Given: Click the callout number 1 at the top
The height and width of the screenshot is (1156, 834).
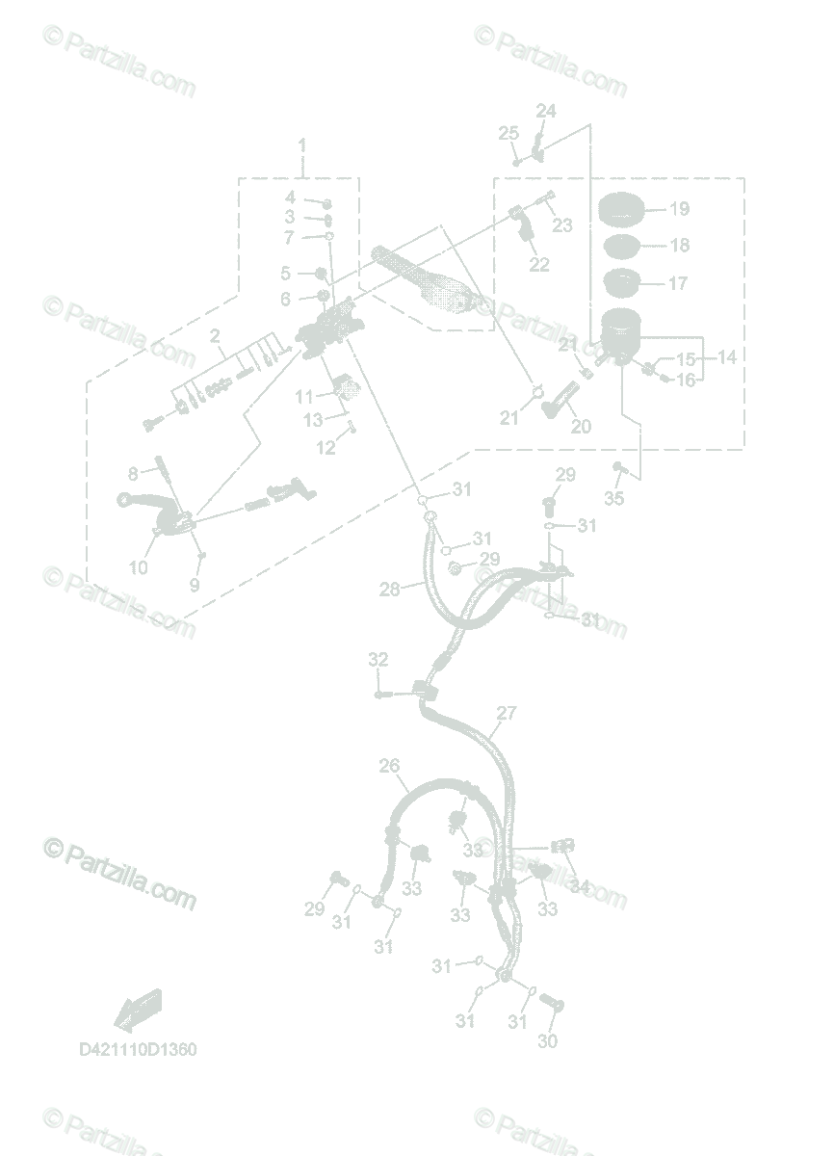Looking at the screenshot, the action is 302,145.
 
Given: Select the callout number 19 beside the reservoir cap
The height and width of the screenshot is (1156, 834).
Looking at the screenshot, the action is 679,209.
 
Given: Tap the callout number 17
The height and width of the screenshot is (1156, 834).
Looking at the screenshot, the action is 678,283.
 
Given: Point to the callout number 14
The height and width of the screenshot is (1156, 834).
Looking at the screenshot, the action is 727,357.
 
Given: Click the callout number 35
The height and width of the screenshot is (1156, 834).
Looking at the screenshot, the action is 613,498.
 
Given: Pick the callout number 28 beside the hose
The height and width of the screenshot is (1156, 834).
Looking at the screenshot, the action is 389,590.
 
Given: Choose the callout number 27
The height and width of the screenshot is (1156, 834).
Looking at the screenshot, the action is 507,714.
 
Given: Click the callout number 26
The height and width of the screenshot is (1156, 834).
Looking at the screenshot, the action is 388,767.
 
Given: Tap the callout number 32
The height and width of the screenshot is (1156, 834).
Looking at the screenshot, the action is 378,660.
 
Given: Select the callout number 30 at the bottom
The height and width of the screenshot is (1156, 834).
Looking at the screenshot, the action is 547,1041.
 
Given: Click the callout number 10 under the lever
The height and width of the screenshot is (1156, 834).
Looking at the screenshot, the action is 139,567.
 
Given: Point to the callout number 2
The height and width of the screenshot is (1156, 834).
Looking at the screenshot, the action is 215,336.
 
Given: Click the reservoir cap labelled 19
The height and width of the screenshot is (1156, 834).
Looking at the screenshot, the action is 620,208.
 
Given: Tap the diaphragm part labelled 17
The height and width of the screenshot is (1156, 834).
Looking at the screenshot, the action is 620,283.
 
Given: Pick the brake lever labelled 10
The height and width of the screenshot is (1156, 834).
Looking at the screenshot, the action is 154,512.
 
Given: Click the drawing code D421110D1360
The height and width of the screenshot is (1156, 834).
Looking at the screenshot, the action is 138,1049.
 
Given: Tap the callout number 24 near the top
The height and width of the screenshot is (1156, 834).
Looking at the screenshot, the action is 546,112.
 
